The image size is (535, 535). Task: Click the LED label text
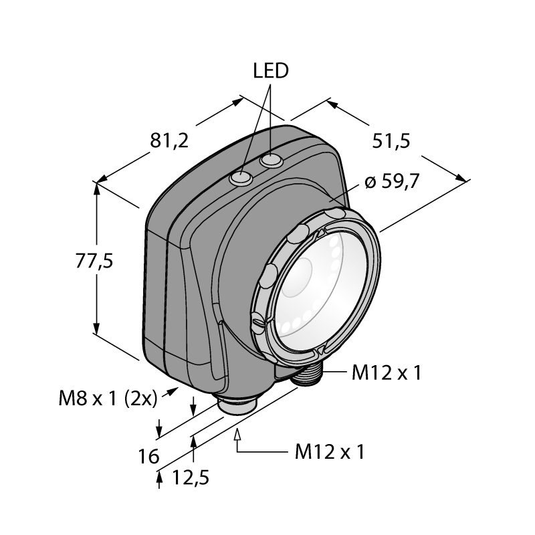click(271, 71)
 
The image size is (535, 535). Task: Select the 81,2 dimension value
click(169, 140)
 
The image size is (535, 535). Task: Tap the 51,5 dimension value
click(391, 140)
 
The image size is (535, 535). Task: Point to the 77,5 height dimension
click(94, 261)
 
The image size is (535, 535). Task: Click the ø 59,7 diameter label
click(392, 181)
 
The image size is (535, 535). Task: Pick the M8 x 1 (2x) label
click(108, 398)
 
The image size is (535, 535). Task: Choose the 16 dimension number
click(148, 456)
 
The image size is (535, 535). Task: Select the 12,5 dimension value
click(191, 477)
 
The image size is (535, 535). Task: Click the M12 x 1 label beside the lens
click(387, 372)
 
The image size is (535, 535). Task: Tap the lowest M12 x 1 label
click(330, 452)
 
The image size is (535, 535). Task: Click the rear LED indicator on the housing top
click(272, 160)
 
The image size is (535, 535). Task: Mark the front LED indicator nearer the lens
click(241, 179)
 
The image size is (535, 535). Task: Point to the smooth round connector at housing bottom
click(237, 405)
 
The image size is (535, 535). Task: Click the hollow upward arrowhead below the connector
click(237, 435)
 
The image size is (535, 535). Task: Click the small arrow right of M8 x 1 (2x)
click(170, 392)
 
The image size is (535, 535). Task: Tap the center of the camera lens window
click(322, 291)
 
